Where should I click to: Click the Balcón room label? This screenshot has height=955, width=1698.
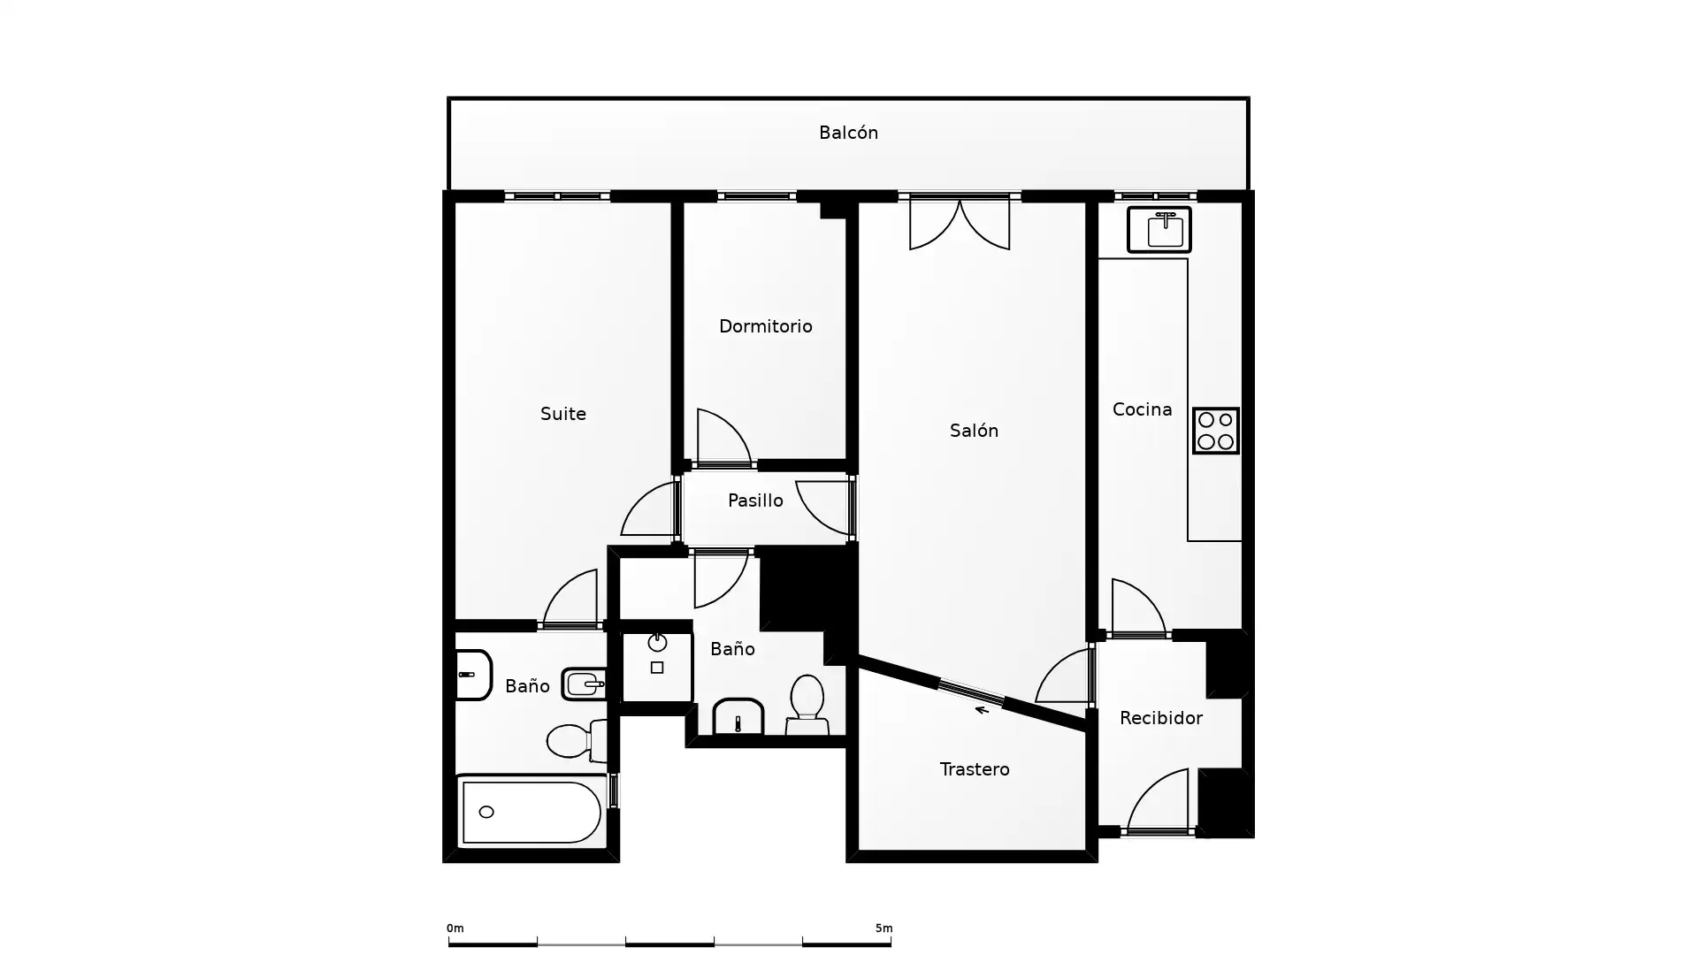[x=848, y=133]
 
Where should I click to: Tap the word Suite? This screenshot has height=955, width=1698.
[x=563, y=414]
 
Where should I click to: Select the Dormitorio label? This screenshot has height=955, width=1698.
[x=765, y=326]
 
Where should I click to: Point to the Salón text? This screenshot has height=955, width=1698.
[x=974, y=431]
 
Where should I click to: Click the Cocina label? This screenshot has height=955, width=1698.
[x=1142, y=409]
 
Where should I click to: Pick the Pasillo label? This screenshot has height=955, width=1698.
[x=755, y=500]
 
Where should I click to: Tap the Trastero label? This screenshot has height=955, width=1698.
[x=975, y=769]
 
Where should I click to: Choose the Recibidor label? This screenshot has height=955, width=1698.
[x=1160, y=718]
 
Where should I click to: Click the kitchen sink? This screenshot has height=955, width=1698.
[x=1159, y=230]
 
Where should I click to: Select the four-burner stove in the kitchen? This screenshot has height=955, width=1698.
[x=1216, y=431]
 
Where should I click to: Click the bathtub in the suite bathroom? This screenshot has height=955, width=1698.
[x=532, y=812]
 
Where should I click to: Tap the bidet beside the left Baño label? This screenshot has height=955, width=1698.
[x=584, y=684]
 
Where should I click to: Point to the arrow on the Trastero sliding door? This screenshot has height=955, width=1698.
[x=982, y=709]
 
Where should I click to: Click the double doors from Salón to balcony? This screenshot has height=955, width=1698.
[x=960, y=223]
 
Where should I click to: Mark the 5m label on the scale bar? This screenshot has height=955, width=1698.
[x=883, y=928]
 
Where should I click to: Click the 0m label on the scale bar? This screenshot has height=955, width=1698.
[x=455, y=928]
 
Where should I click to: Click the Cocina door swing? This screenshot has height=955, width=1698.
[x=1138, y=607]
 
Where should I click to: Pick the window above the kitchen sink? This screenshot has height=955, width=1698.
[x=1156, y=196]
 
